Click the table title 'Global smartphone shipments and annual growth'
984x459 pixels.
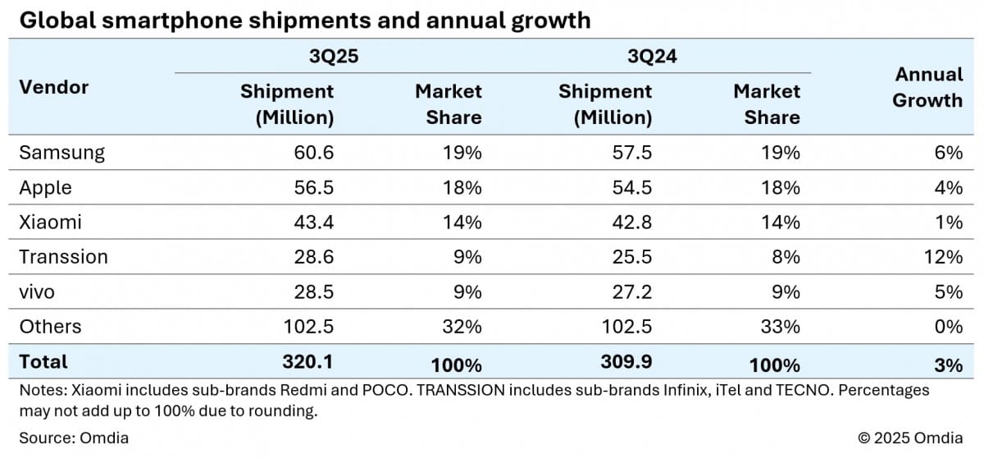tap(304, 21)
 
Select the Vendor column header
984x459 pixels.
tap(53, 87)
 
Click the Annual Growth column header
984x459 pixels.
tap(927, 87)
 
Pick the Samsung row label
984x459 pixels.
tap(61, 153)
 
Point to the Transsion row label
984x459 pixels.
tap(63, 257)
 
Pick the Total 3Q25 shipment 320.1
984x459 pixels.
tap(309, 362)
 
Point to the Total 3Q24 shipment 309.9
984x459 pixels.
tap(627, 362)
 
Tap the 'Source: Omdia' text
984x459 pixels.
tap(74, 438)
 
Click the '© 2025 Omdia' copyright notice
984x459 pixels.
tap(910, 438)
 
